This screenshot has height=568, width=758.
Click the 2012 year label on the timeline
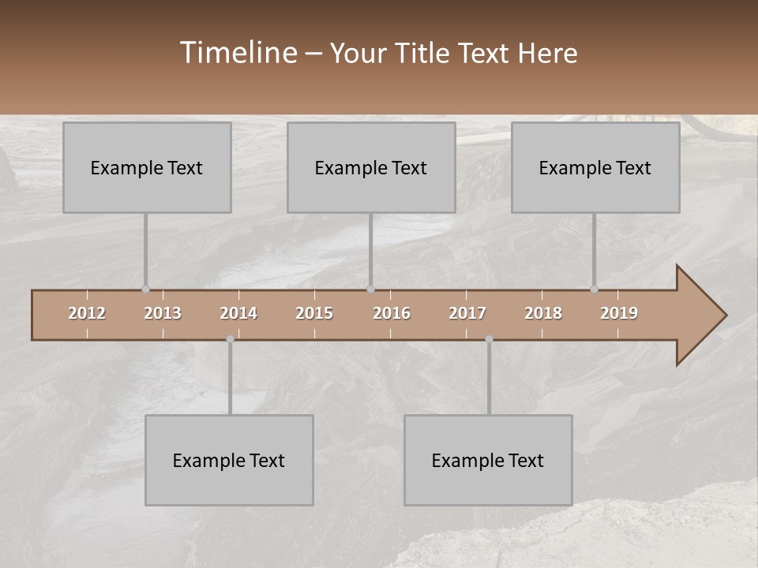87,313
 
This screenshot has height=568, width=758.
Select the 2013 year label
163,313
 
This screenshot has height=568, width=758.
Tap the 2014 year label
238,313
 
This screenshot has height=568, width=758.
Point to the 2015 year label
314,313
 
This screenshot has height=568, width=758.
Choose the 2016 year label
392,313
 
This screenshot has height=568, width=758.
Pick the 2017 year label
467,313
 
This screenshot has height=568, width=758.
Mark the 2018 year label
543,313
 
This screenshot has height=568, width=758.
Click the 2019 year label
619,313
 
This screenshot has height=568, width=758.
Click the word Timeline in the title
238,52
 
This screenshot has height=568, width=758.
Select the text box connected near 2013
147,167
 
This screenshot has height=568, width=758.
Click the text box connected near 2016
371,167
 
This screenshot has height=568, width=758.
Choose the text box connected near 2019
595,167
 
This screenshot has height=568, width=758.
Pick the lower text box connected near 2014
229,460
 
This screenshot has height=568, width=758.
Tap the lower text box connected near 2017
488,460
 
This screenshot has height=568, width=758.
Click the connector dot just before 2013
145,290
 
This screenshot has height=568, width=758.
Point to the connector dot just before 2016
370,290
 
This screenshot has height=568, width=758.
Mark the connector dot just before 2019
594,290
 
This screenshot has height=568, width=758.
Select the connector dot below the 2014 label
230,339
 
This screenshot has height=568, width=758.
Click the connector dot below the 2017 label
489,339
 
